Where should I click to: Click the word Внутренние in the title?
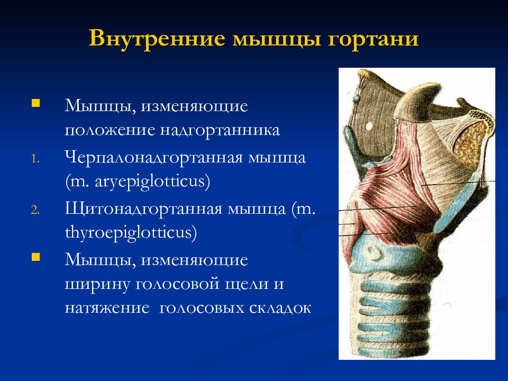click(157, 38)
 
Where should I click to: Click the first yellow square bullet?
click(35, 103)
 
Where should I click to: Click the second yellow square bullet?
click(35, 257)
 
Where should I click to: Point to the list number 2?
click(35, 210)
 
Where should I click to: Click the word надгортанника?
click(220, 130)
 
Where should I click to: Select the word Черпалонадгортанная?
click(153, 158)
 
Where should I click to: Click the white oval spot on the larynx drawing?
click(369, 125)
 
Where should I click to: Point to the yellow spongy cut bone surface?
click(471, 139)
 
